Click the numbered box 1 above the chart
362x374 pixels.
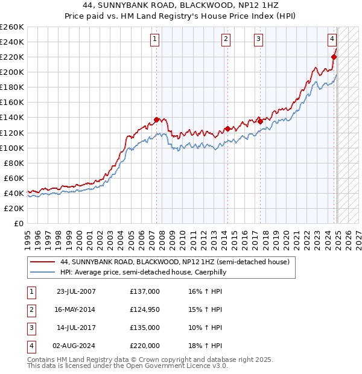coord(155,40)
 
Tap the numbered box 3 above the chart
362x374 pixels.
coord(258,40)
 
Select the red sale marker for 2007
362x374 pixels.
coord(156,119)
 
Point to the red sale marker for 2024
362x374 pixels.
coord(334,57)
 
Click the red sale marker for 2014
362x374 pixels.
coord(227,128)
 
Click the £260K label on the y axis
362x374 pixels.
coord(11,27)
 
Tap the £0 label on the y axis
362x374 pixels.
coord(19,223)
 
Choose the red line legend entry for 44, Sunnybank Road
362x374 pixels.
coord(175,262)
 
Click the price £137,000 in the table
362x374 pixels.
coord(145,291)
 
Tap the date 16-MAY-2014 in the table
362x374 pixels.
coord(75,309)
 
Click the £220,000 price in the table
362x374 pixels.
coord(145,346)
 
